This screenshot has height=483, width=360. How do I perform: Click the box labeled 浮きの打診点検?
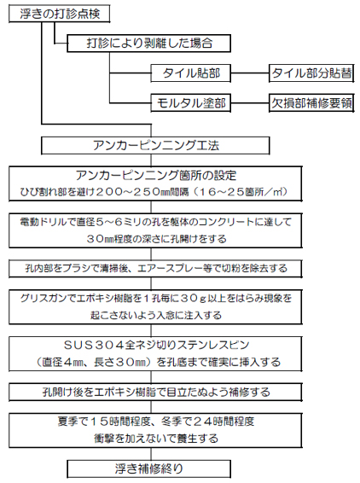60,15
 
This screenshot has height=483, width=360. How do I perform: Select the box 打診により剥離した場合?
148,44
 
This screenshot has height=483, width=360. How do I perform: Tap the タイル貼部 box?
190,73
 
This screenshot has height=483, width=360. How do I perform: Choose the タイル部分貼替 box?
311,73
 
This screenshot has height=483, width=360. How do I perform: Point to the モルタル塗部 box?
190,102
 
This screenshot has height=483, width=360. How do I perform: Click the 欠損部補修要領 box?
311,102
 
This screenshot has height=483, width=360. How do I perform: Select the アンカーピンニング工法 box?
155,145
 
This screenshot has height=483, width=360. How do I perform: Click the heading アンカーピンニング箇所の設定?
156,176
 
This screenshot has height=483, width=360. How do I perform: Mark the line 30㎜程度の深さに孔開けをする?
156,239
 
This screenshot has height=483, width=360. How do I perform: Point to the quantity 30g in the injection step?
193,298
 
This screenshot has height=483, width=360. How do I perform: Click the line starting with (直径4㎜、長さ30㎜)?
158,362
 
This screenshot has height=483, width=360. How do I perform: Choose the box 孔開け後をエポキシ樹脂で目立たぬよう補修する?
155,393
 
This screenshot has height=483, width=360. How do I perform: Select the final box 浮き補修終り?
148,468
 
